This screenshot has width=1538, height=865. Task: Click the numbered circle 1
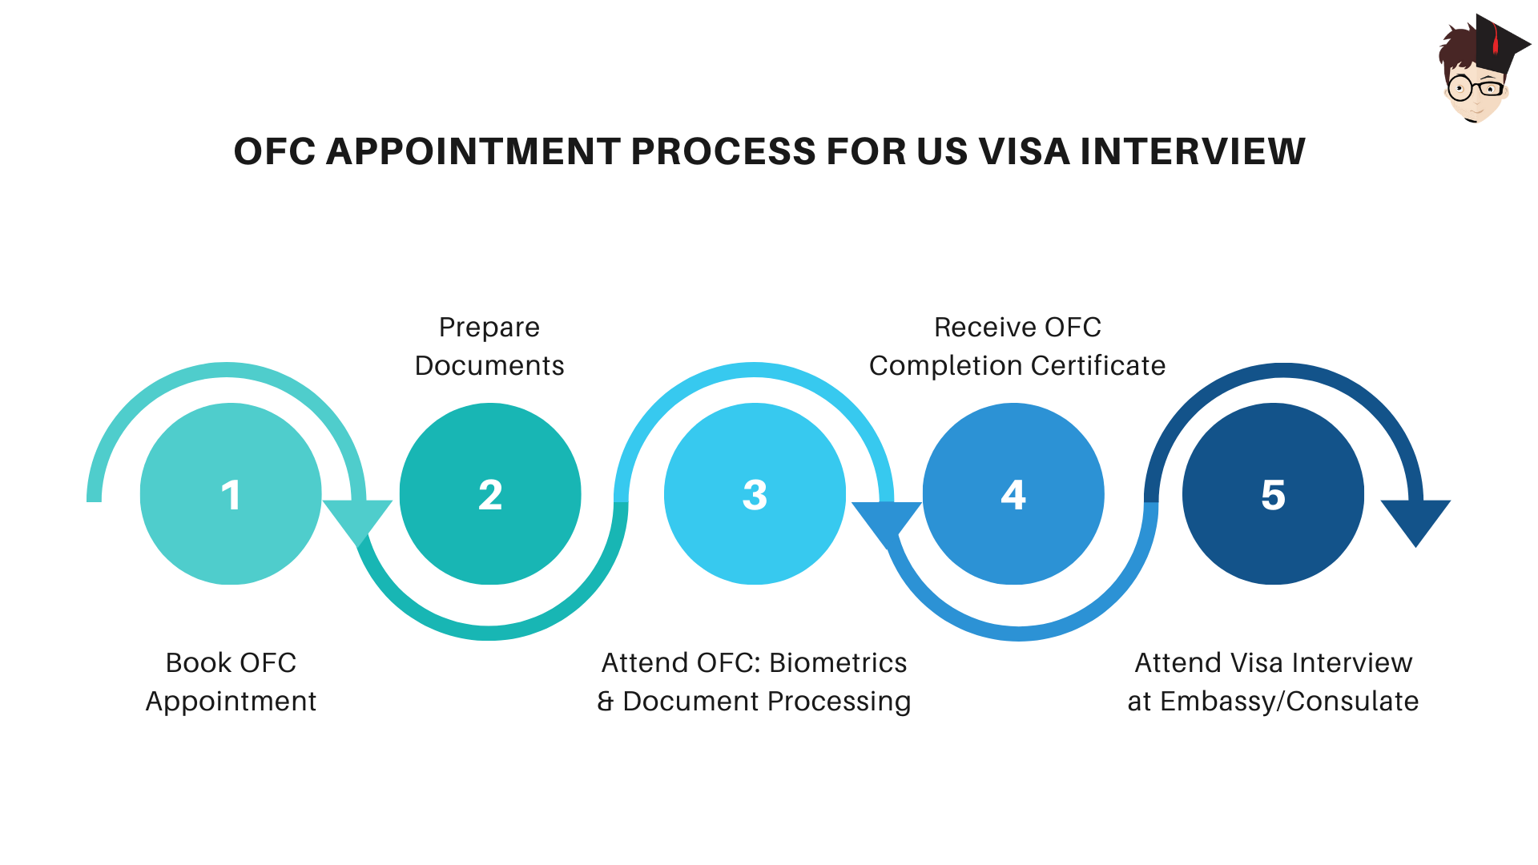click(x=231, y=494)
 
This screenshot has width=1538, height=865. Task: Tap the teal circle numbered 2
click(x=489, y=494)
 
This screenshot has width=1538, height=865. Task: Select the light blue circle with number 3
click(x=755, y=494)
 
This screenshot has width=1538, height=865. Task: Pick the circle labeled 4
click(x=1013, y=494)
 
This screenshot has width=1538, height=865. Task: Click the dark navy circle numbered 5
click(x=1273, y=494)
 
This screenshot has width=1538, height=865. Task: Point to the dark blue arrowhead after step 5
click(x=1415, y=519)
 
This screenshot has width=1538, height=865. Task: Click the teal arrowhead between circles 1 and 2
click(x=357, y=519)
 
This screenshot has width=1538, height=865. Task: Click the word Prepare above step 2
click(x=489, y=328)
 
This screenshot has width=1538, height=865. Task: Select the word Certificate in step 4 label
click(x=1097, y=366)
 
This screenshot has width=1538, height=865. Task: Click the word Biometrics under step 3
click(x=838, y=663)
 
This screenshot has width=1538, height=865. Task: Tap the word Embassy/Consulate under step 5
click(x=1289, y=702)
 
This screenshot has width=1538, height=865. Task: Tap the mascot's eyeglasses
click(x=1476, y=87)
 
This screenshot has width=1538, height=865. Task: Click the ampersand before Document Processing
click(x=606, y=702)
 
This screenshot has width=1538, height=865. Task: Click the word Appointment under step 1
click(x=231, y=702)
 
